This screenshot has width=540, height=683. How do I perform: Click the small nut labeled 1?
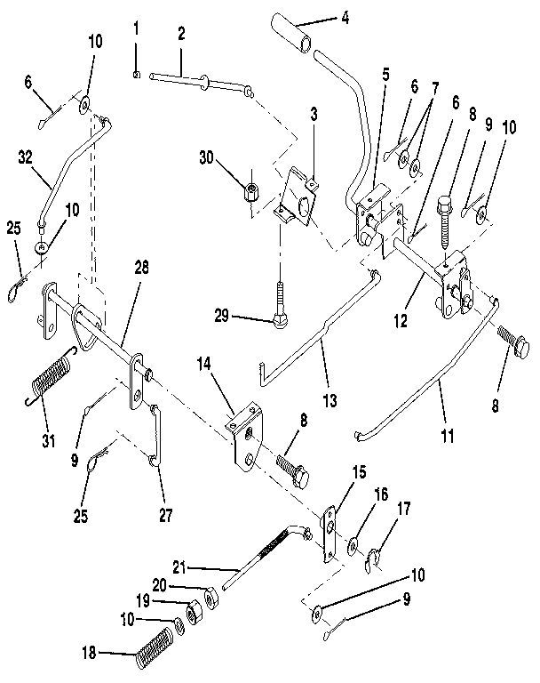(135, 75)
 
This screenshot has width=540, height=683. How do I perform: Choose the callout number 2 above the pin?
(180, 34)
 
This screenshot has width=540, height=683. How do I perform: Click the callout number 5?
(385, 74)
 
